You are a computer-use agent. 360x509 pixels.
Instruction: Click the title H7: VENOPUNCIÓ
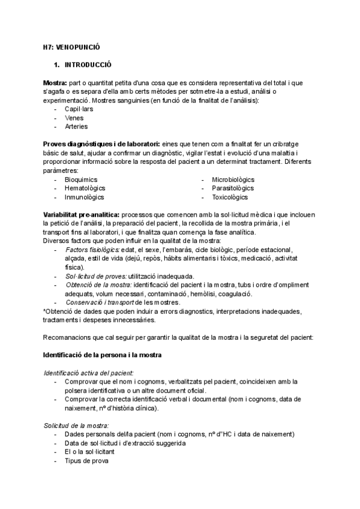(71, 46)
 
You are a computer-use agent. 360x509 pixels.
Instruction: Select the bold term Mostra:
(55, 82)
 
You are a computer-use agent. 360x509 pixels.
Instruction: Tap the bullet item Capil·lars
(79, 109)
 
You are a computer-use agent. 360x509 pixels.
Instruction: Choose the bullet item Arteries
(76, 127)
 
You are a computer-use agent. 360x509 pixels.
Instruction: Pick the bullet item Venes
(74, 118)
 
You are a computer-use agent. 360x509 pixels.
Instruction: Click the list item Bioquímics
(81, 179)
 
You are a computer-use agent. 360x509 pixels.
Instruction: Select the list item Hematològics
(85, 188)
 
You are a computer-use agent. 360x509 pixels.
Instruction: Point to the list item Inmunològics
(85, 197)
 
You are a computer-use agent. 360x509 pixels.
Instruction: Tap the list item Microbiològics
(233, 179)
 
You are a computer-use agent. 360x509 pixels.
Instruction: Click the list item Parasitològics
(232, 188)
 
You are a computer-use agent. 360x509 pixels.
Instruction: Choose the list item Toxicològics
(230, 197)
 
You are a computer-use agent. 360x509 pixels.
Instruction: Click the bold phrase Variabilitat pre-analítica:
(81, 215)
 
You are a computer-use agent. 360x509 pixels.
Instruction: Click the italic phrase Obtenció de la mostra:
(98, 285)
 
